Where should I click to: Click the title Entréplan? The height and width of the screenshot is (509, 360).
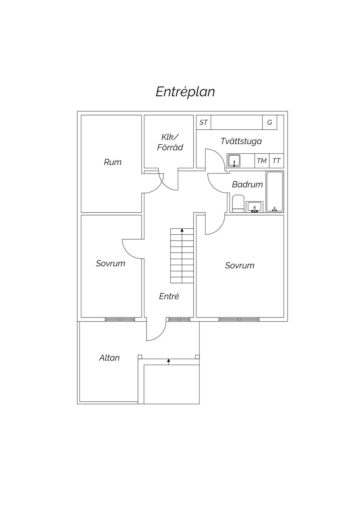click(185, 92)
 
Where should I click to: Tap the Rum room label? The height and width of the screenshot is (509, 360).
click(112, 162)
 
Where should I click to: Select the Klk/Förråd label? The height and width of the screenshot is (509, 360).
click(170, 142)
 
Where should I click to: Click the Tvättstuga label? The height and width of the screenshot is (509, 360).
click(241, 141)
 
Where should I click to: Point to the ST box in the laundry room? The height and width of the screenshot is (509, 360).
click(204, 123)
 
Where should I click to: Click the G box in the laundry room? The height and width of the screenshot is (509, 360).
click(269, 123)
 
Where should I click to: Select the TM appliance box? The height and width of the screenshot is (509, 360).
click(262, 161)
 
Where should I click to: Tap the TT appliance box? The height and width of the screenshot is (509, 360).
click(276, 161)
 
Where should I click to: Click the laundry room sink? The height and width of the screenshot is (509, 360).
click(234, 161)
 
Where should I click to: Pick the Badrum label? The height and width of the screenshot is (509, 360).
click(247, 184)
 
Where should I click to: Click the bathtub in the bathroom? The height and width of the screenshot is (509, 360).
click(274, 192)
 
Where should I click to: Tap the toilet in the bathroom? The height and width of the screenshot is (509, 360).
click(238, 204)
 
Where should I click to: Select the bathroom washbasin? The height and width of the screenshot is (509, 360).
click(255, 207)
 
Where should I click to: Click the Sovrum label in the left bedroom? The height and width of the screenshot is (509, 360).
click(110, 263)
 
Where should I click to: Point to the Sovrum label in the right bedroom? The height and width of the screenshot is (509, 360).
click(239, 265)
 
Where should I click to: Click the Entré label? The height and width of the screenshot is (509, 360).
click(169, 296)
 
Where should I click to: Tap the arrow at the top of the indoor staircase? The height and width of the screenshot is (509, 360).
click(182, 230)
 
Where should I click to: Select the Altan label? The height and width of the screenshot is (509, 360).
click(109, 358)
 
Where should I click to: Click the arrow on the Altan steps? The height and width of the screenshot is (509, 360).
click(168, 361)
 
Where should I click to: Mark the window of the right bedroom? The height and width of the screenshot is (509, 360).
click(239, 319)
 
